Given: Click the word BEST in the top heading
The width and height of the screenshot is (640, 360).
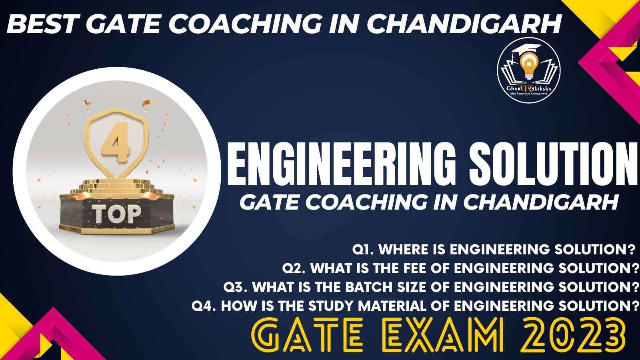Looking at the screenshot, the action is point(42,24).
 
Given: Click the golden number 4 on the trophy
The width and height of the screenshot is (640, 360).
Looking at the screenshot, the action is point(116,142).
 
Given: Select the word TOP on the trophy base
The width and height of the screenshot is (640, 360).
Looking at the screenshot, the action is point(116,214).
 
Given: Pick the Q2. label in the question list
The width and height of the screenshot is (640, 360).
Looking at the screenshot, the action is point(294,268).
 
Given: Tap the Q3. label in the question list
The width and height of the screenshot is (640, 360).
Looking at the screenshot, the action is point(236,287).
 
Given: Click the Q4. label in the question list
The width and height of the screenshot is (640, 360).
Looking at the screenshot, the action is point(204,306).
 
